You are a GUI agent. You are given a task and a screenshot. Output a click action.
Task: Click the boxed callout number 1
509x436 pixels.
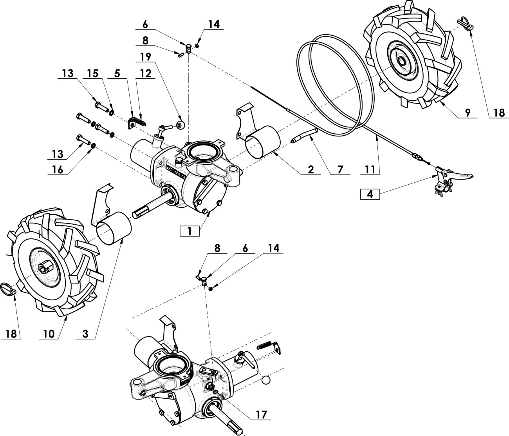coord(190,231)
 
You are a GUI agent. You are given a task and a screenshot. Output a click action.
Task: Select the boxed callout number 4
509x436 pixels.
coord(370,194)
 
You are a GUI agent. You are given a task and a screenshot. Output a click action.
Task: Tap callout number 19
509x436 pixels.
coord(146,57)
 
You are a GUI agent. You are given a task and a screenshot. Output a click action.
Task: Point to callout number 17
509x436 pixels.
coord(261,414)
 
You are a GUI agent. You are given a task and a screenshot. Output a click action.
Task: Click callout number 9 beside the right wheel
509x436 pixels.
coord(467,113)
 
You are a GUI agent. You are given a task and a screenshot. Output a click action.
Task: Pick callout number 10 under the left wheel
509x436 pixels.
coord(49,334)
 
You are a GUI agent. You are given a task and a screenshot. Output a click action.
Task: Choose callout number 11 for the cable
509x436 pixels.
coord(370,169)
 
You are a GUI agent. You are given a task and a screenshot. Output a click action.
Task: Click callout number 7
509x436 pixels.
coord(340,169)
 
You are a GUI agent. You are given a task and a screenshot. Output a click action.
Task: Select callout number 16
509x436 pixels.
coord(58,169)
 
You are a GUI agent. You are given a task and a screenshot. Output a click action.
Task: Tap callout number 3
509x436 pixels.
coord(85,334)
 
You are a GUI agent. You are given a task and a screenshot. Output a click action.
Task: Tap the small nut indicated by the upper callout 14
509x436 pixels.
coord(197,46)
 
